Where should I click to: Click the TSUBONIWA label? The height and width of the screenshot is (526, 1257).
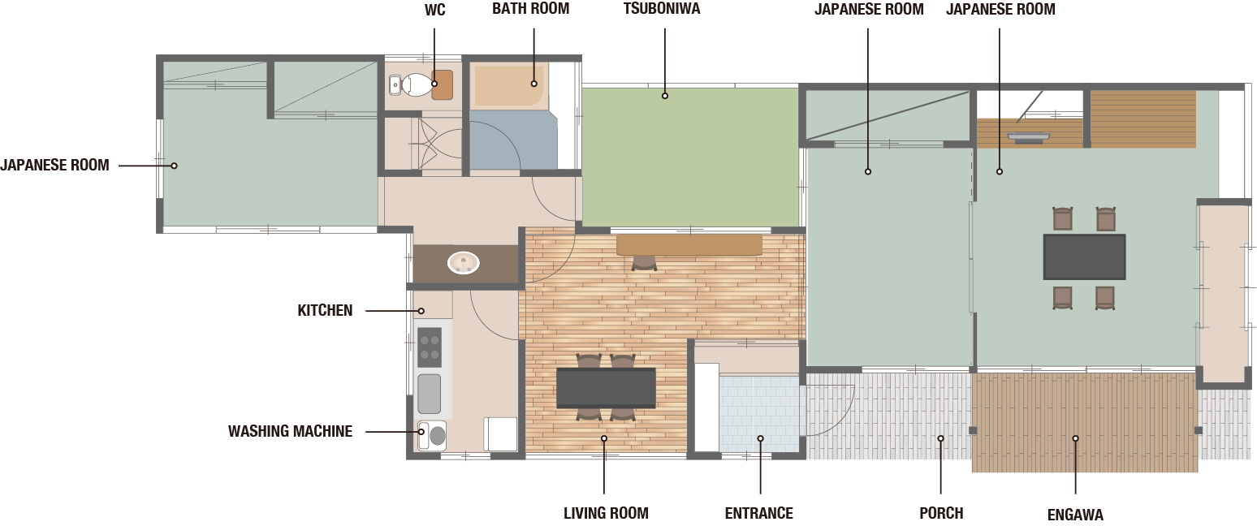pyautogui.click(x=662, y=9)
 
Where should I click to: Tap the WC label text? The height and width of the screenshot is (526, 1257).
pyautogui.click(x=435, y=10)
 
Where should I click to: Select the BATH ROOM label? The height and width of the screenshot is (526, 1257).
pyautogui.click(x=531, y=9)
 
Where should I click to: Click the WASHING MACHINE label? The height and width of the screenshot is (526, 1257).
pyautogui.click(x=290, y=431)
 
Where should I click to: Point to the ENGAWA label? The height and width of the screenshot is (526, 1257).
pyautogui.click(x=1075, y=515)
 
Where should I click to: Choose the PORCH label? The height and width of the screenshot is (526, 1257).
pyautogui.click(x=941, y=513)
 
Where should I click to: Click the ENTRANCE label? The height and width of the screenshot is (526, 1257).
pyautogui.click(x=758, y=513)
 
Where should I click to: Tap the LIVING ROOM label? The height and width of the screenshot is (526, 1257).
pyautogui.click(x=606, y=513)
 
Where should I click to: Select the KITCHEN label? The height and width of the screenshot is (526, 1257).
pyautogui.click(x=325, y=311)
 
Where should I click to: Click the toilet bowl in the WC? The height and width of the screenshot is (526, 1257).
pyautogui.click(x=416, y=84)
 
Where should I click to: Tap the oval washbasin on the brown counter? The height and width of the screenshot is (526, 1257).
pyautogui.click(x=464, y=262)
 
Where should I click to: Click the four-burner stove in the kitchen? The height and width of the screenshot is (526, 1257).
pyautogui.click(x=430, y=347)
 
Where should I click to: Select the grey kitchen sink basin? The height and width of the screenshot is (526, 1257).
pyautogui.click(x=430, y=394)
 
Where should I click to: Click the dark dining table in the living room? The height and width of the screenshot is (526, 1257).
pyautogui.click(x=606, y=387)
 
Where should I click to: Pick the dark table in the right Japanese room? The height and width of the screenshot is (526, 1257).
pyautogui.click(x=1084, y=257)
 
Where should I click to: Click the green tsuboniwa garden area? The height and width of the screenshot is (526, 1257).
pyautogui.click(x=690, y=157)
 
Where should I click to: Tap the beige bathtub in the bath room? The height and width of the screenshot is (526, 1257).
pyautogui.click(x=509, y=86)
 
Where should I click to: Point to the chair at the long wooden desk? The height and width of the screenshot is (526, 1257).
pyautogui.click(x=644, y=263)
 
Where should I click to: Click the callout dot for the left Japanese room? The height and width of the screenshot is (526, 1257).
pyautogui.click(x=175, y=166)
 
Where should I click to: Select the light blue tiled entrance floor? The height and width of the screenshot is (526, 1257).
pyautogui.click(x=759, y=413)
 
